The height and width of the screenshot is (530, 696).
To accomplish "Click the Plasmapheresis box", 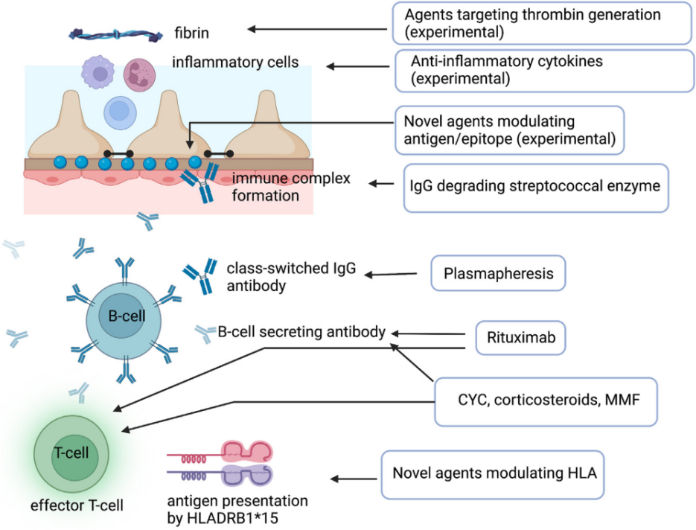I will point(498,274).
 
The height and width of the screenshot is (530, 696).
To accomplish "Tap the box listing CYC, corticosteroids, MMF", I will point(546,401).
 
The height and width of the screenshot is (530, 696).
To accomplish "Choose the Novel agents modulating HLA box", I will point(493,473).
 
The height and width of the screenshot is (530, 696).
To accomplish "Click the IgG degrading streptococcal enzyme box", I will point(535,185).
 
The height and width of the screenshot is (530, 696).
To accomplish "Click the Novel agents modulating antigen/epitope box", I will point(510,129).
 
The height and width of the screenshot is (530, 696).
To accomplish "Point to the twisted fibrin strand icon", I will point(115,33).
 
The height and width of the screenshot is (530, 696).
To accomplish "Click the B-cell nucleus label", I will point(125,317).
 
